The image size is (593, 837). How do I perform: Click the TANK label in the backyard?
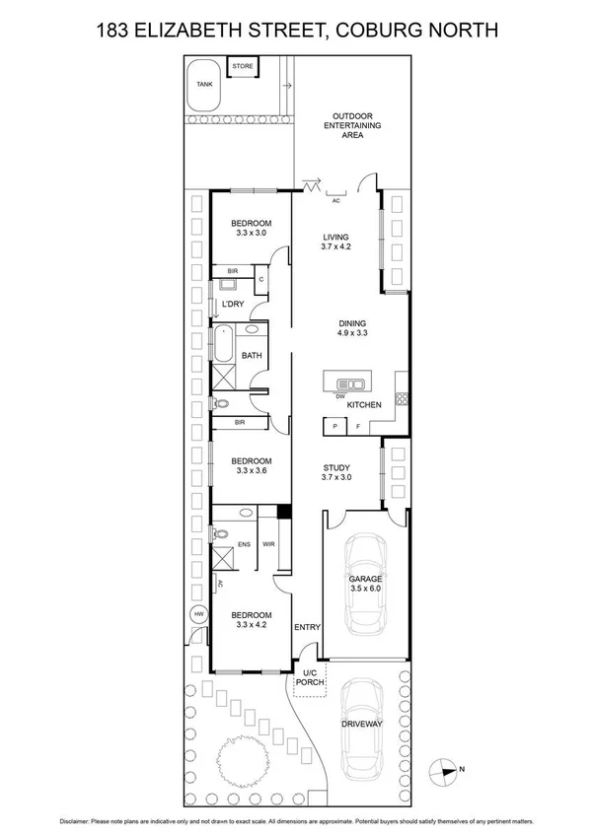(x=204, y=85)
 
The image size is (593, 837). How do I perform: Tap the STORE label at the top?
(x=242, y=66)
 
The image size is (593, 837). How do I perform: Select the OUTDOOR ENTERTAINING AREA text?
(x=356, y=125)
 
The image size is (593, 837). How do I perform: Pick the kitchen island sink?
(x=351, y=384)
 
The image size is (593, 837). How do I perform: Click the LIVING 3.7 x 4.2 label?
(x=337, y=243)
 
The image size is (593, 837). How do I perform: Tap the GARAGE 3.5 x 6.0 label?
(x=363, y=586)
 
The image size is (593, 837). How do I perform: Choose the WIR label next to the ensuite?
(x=267, y=544)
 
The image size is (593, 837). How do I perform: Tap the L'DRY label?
(x=233, y=304)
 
